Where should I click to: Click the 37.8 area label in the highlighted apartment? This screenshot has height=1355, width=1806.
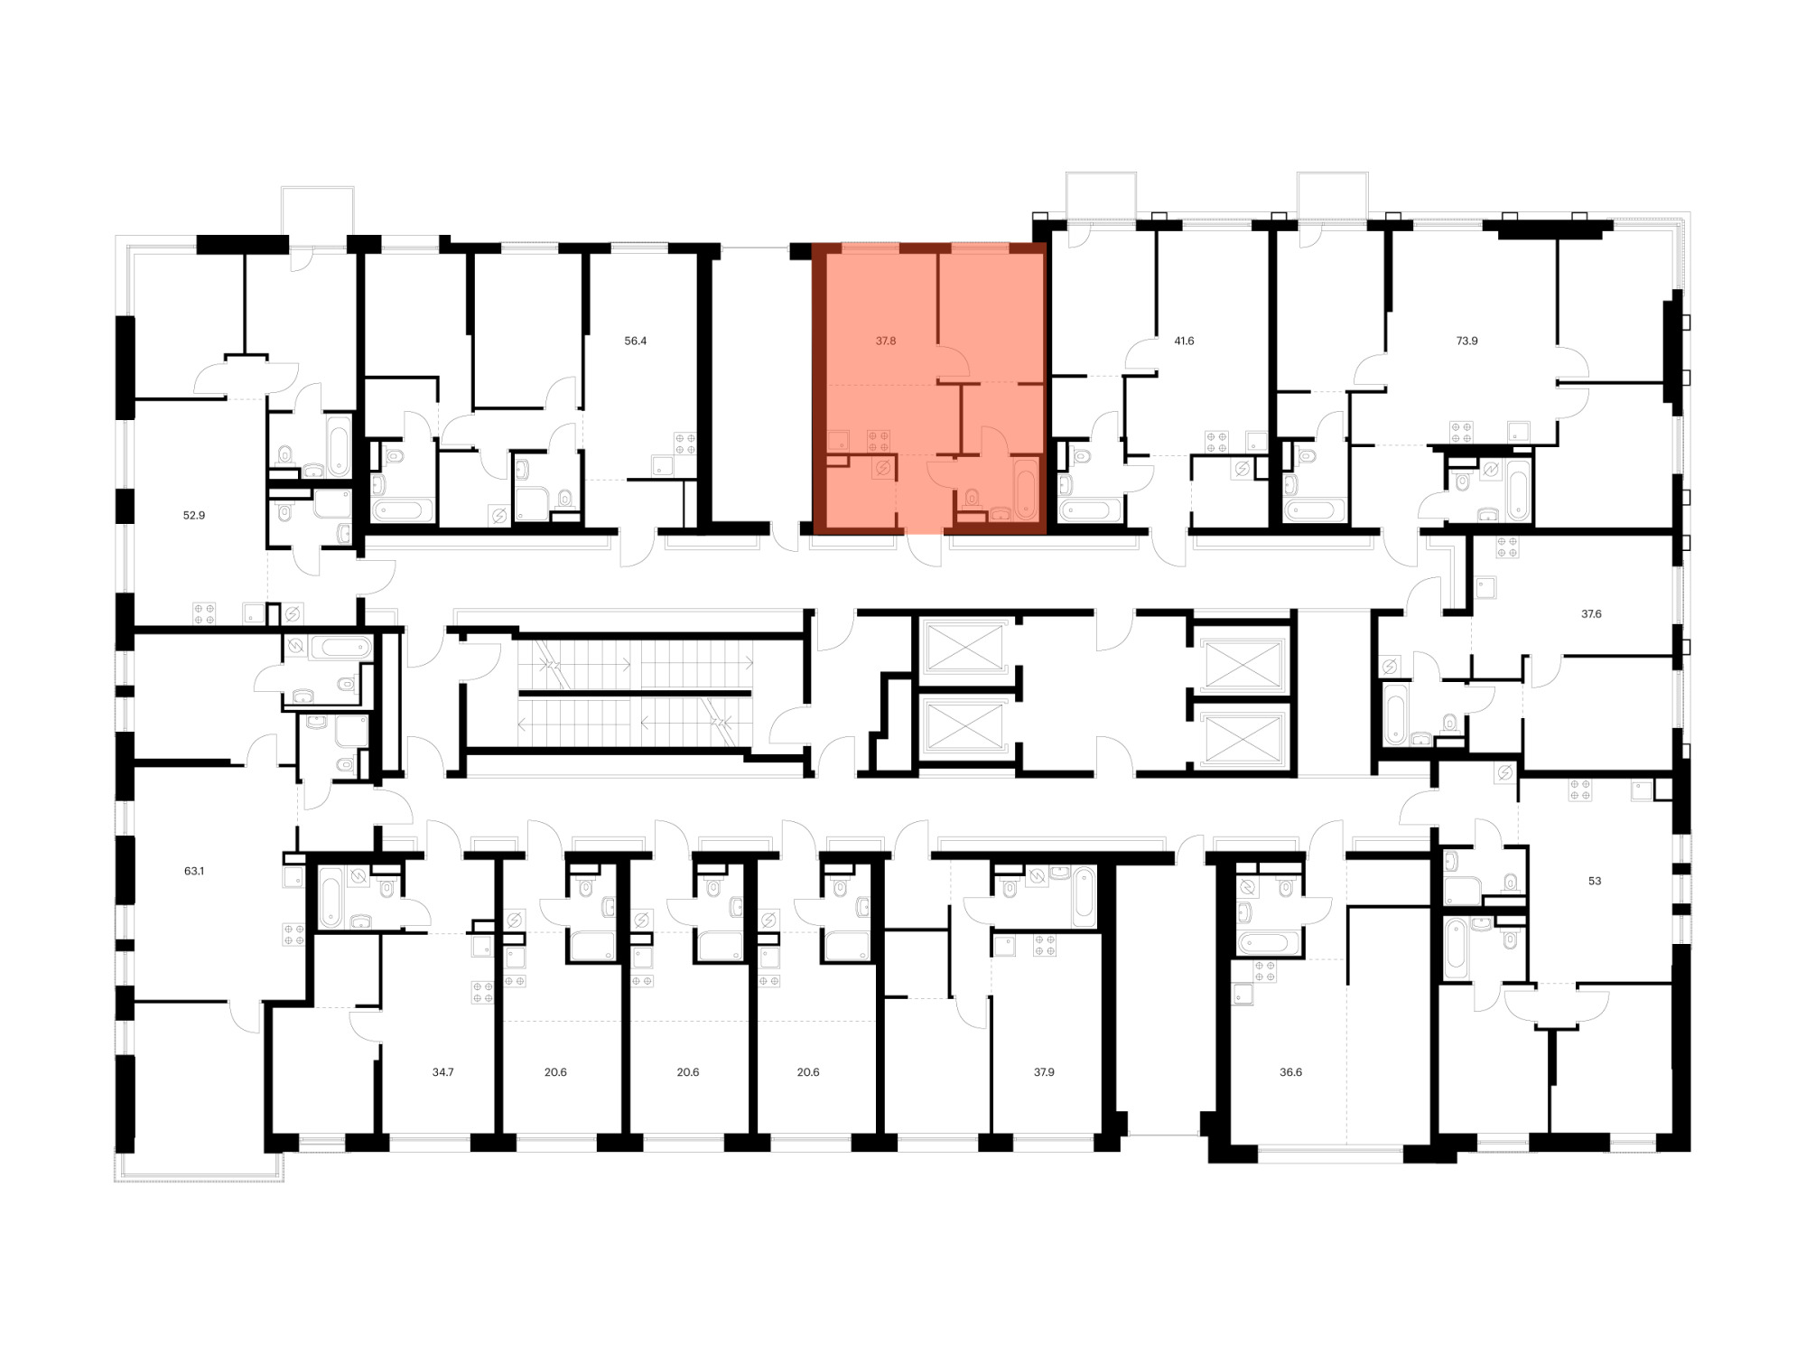pos(886,341)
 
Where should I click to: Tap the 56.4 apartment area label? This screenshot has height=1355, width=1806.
pos(636,341)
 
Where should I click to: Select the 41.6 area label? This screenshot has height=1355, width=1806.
pos(1184,341)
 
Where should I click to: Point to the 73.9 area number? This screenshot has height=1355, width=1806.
pos(1467,341)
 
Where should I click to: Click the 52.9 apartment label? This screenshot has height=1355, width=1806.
pos(194,516)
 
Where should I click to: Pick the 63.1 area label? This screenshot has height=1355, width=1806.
pos(194,872)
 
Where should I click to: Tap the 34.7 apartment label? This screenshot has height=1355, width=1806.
pos(442,1072)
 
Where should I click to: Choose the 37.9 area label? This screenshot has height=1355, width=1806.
pos(1044,1072)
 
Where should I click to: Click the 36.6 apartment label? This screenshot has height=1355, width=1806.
pos(1291,1072)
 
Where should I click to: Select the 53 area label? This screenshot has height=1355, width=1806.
pos(1595,881)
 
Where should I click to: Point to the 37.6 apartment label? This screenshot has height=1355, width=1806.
pos(1591,614)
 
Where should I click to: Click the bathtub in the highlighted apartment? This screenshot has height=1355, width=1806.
pos(1027,489)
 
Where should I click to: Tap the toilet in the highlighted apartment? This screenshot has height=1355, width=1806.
pos(973,497)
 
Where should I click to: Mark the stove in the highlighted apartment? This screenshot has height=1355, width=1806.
pos(879,441)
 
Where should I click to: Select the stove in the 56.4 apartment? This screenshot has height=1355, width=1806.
pos(685,444)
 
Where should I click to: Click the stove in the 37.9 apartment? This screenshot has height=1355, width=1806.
pos(1045,946)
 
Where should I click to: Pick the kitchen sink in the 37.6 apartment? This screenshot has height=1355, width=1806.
pos(1485,589)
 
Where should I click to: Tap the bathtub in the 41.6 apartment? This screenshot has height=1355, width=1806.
pos(1090,510)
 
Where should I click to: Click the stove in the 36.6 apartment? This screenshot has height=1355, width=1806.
pos(1264,971)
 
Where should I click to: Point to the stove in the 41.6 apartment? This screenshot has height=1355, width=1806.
pos(1216,442)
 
